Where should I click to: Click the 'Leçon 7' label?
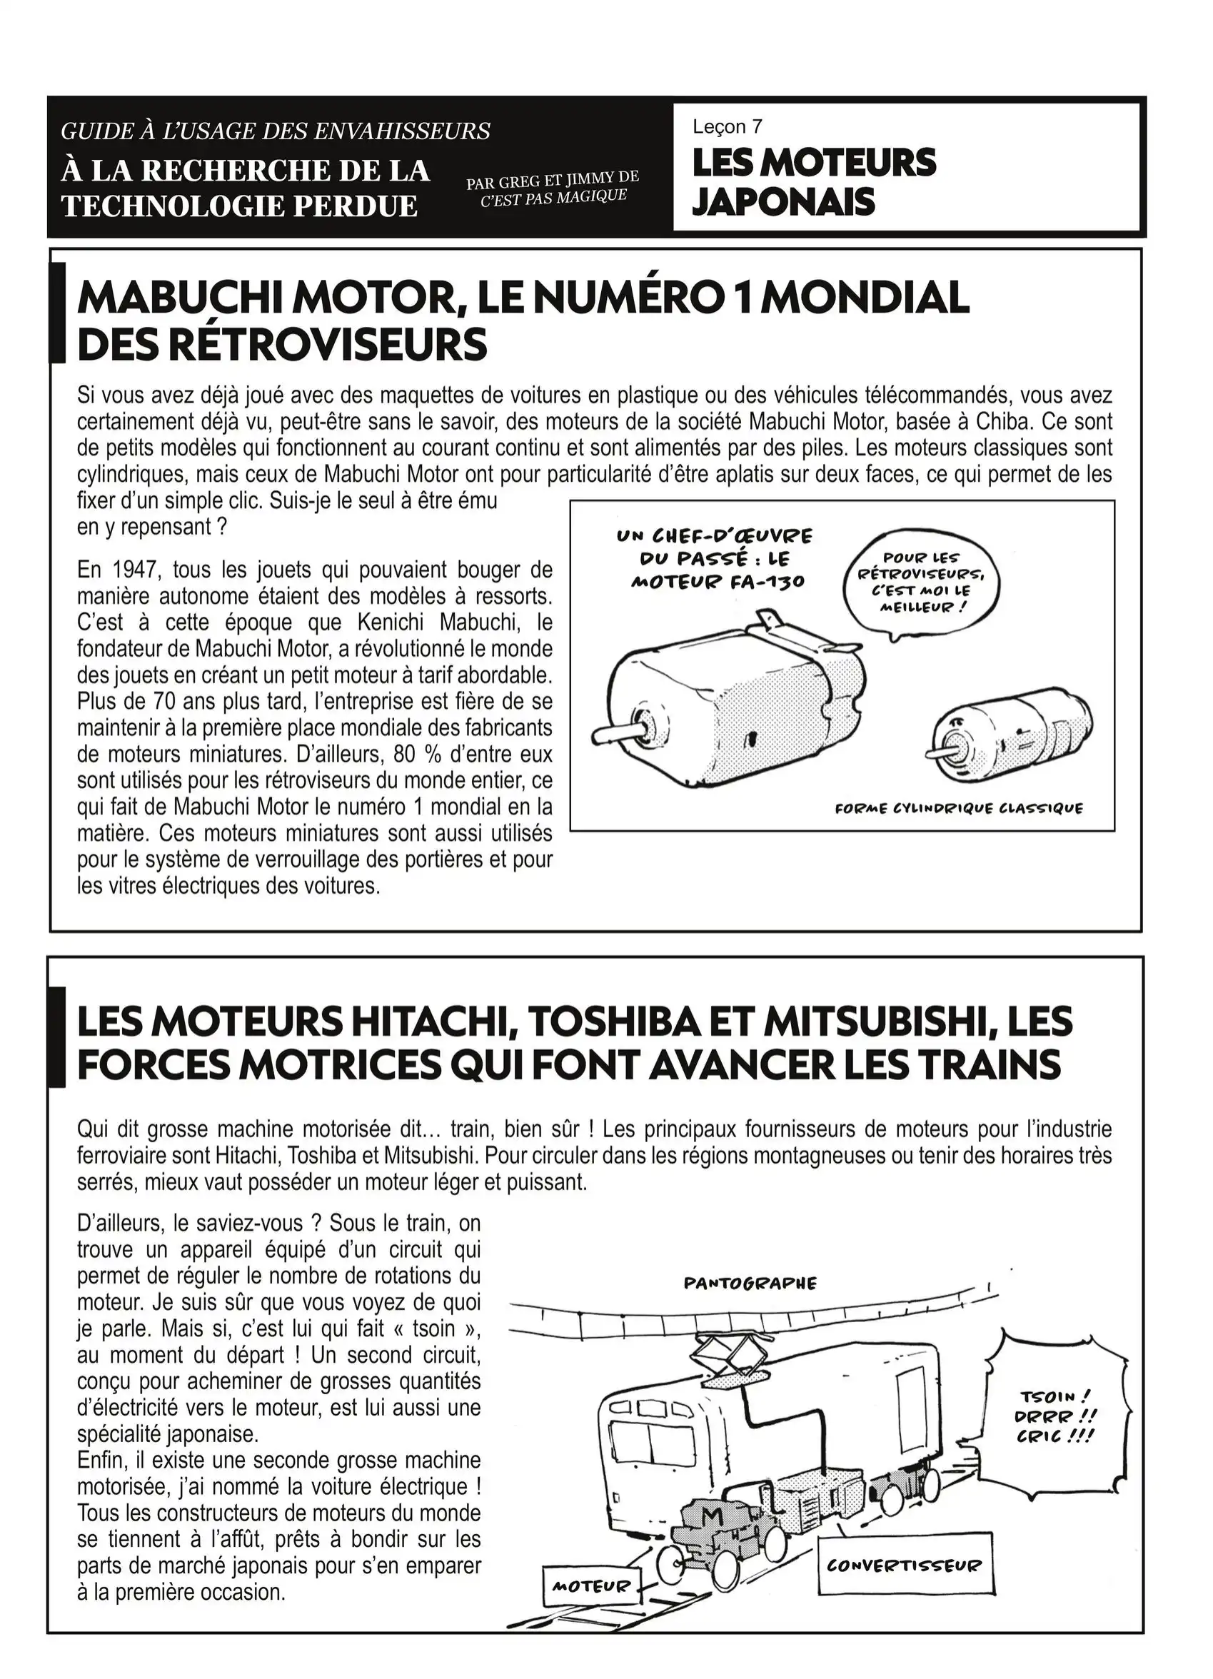727,127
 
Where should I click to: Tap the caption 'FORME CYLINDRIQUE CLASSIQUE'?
958,807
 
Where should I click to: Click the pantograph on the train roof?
733,1361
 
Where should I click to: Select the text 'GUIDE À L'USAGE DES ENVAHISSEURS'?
276,131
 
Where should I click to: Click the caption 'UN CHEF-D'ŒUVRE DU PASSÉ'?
715,547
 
